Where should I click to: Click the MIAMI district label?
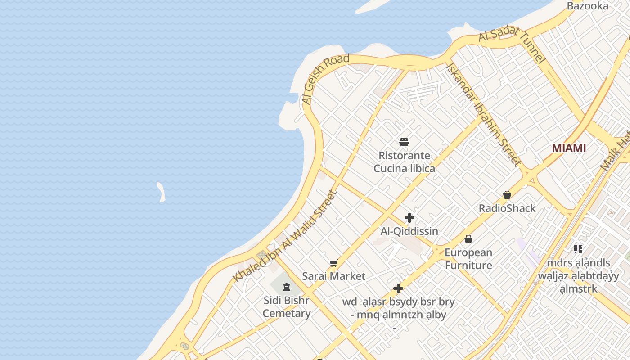tap(569, 148)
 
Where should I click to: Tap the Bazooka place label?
tap(588, 6)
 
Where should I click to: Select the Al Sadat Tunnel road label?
tap(512, 45)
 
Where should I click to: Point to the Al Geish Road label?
tap(326, 80)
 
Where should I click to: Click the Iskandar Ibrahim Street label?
tap(484, 115)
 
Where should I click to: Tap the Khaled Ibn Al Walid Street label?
tap(285, 237)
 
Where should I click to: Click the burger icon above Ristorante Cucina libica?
tap(404, 143)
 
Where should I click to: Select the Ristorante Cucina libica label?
tap(405, 162)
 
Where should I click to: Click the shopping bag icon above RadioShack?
tap(507, 195)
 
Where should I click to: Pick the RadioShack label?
tap(507, 208)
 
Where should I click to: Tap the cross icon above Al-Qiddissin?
tap(409, 218)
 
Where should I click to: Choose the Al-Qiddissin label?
tap(409, 231)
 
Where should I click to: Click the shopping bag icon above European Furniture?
tap(468, 239)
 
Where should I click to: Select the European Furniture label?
tap(468, 259)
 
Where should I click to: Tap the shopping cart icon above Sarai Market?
tap(333, 263)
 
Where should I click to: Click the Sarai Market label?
tap(333, 276)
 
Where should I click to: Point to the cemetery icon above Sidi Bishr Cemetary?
tap(287, 287)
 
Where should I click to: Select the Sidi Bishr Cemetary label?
tap(287, 306)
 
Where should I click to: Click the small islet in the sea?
tap(161, 192)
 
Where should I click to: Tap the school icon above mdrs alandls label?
tap(578, 249)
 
